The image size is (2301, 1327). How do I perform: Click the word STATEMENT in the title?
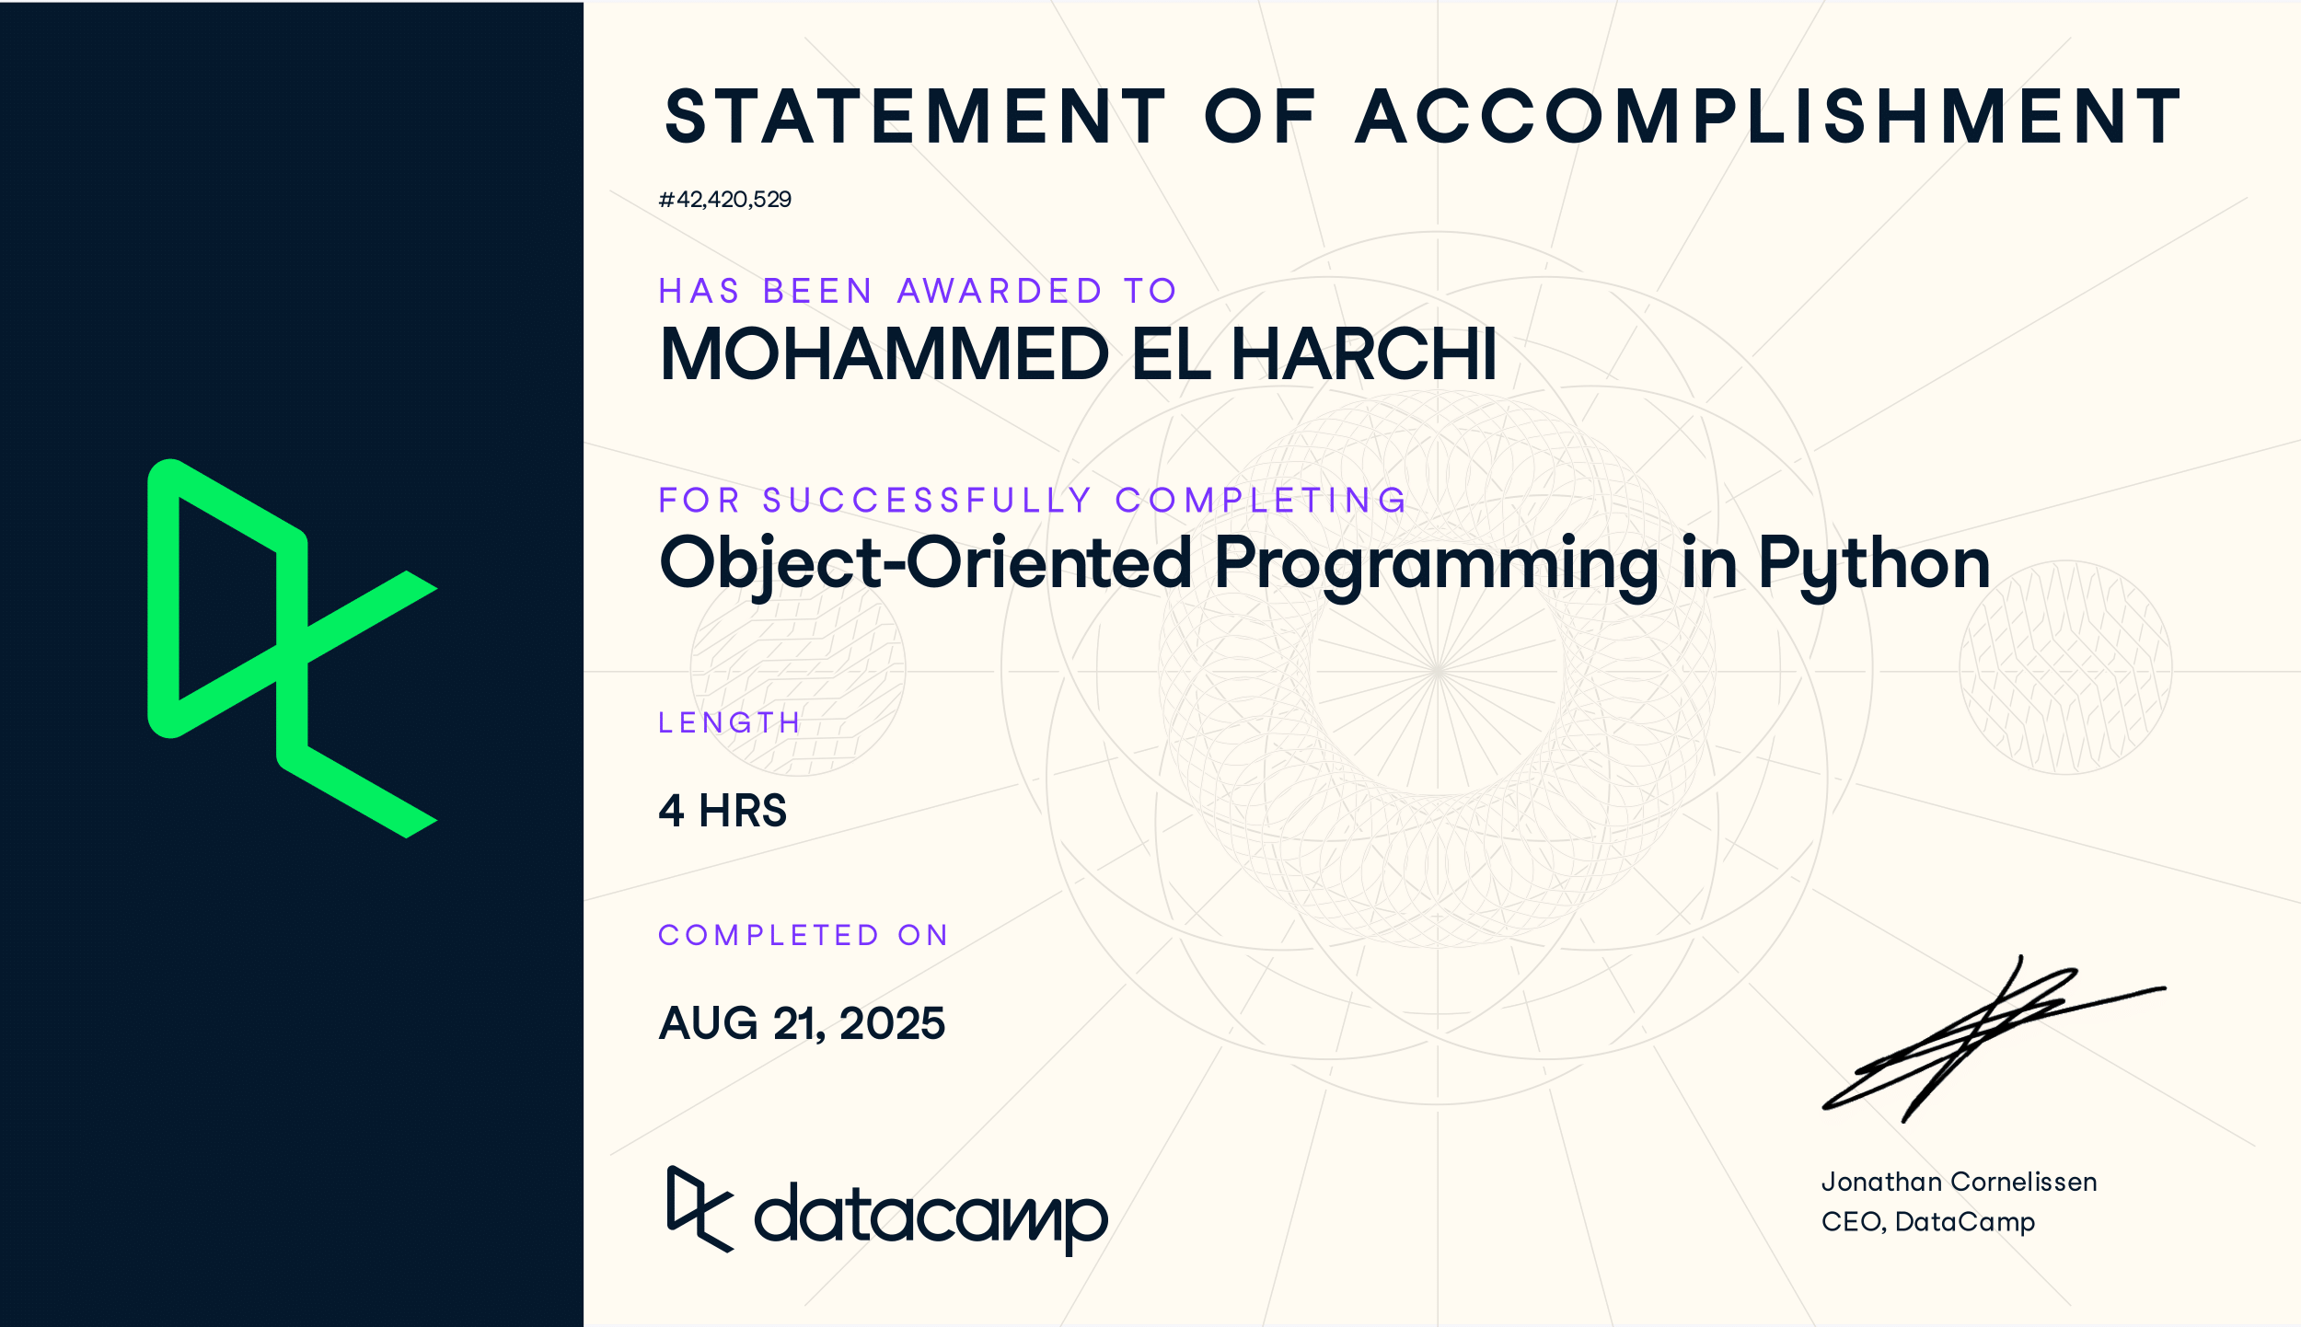click(x=916, y=117)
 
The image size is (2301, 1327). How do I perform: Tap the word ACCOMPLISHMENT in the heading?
click(x=1768, y=117)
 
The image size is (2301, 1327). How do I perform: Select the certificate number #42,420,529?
click(x=725, y=200)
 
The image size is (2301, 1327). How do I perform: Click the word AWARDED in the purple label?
click(x=1000, y=291)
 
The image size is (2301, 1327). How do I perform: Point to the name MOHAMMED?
click(x=885, y=354)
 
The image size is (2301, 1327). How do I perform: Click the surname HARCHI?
click(x=1364, y=354)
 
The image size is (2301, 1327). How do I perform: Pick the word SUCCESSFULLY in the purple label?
click(x=927, y=501)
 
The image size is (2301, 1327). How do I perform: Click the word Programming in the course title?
click(x=1437, y=566)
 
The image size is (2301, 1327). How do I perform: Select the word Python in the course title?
click(x=1874, y=566)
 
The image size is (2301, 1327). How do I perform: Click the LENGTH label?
click(x=729, y=722)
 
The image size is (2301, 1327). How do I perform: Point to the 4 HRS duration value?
click(x=723, y=811)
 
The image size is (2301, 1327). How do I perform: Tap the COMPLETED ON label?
click(x=803, y=935)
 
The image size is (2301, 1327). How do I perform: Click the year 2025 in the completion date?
click(x=892, y=1023)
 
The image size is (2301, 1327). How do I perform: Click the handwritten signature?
click(x=1993, y=1039)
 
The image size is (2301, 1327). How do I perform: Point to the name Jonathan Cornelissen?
click(x=1959, y=1183)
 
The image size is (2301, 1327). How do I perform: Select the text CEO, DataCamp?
click(x=1928, y=1222)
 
